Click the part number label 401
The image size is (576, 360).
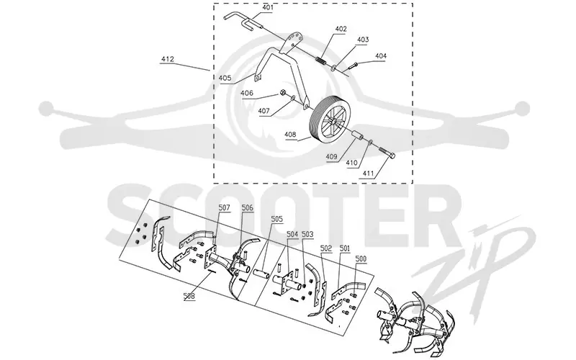[x=268, y=7]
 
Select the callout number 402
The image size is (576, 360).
[x=341, y=29]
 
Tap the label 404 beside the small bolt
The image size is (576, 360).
[x=381, y=56]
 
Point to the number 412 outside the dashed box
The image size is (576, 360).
[x=168, y=59]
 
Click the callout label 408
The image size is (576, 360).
[x=290, y=135]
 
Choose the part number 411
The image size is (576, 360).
[x=368, y=174]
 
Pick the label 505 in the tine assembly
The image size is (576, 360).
[x=276, y=219]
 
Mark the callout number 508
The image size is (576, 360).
[x=189, y=295]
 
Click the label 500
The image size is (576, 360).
[x=361, y=259]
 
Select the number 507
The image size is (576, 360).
[x=224, y=208]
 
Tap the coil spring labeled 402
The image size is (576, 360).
[x=320, y=59]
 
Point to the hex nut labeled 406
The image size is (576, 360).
[x=283, y=92]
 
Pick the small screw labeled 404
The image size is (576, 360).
[x=353, y=66]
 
